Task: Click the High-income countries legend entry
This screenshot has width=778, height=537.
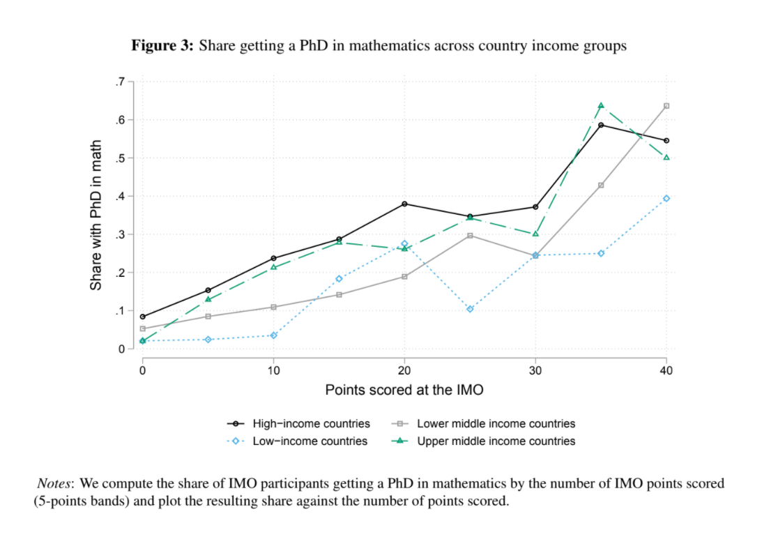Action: pyautogui.click(x=311, y=423)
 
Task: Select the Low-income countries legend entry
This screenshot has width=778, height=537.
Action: pyautogui.click(x=310, y=441)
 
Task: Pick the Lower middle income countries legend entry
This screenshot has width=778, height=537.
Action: pyautogui.click(x=496, y=423)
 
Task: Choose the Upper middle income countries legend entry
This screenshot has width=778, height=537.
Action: pyautogui.click(x=496, y=441)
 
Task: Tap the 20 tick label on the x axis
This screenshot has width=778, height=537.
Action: pyautogui.click(x=404, y=370)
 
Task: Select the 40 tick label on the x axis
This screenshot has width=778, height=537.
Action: pyautogui.click(x=666, y=370)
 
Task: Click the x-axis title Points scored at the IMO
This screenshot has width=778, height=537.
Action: pyautogui.click(x=404, y=390)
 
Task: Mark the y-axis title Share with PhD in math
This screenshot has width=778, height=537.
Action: pyautogui.click(x=97, y=215)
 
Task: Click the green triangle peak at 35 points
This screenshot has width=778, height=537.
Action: pyautogui.click(x=600, y=105)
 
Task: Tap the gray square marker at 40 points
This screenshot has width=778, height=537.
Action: pyautogui.click(x=666, y=106)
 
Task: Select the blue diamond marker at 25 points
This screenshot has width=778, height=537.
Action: pyautogui.click(x=470, y=309)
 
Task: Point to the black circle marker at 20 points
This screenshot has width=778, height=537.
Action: pyautogui.click(x=404, y=204)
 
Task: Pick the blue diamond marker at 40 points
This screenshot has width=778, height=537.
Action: pyautogui.click(x=666, y=198)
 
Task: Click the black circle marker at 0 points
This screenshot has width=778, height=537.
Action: pyautogui.click(x=143, y=317)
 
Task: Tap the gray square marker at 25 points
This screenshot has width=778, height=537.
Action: pyautogui.click(x=470, y=236)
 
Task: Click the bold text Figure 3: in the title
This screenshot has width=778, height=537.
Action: pyautogui.click(x=162, y=47)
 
